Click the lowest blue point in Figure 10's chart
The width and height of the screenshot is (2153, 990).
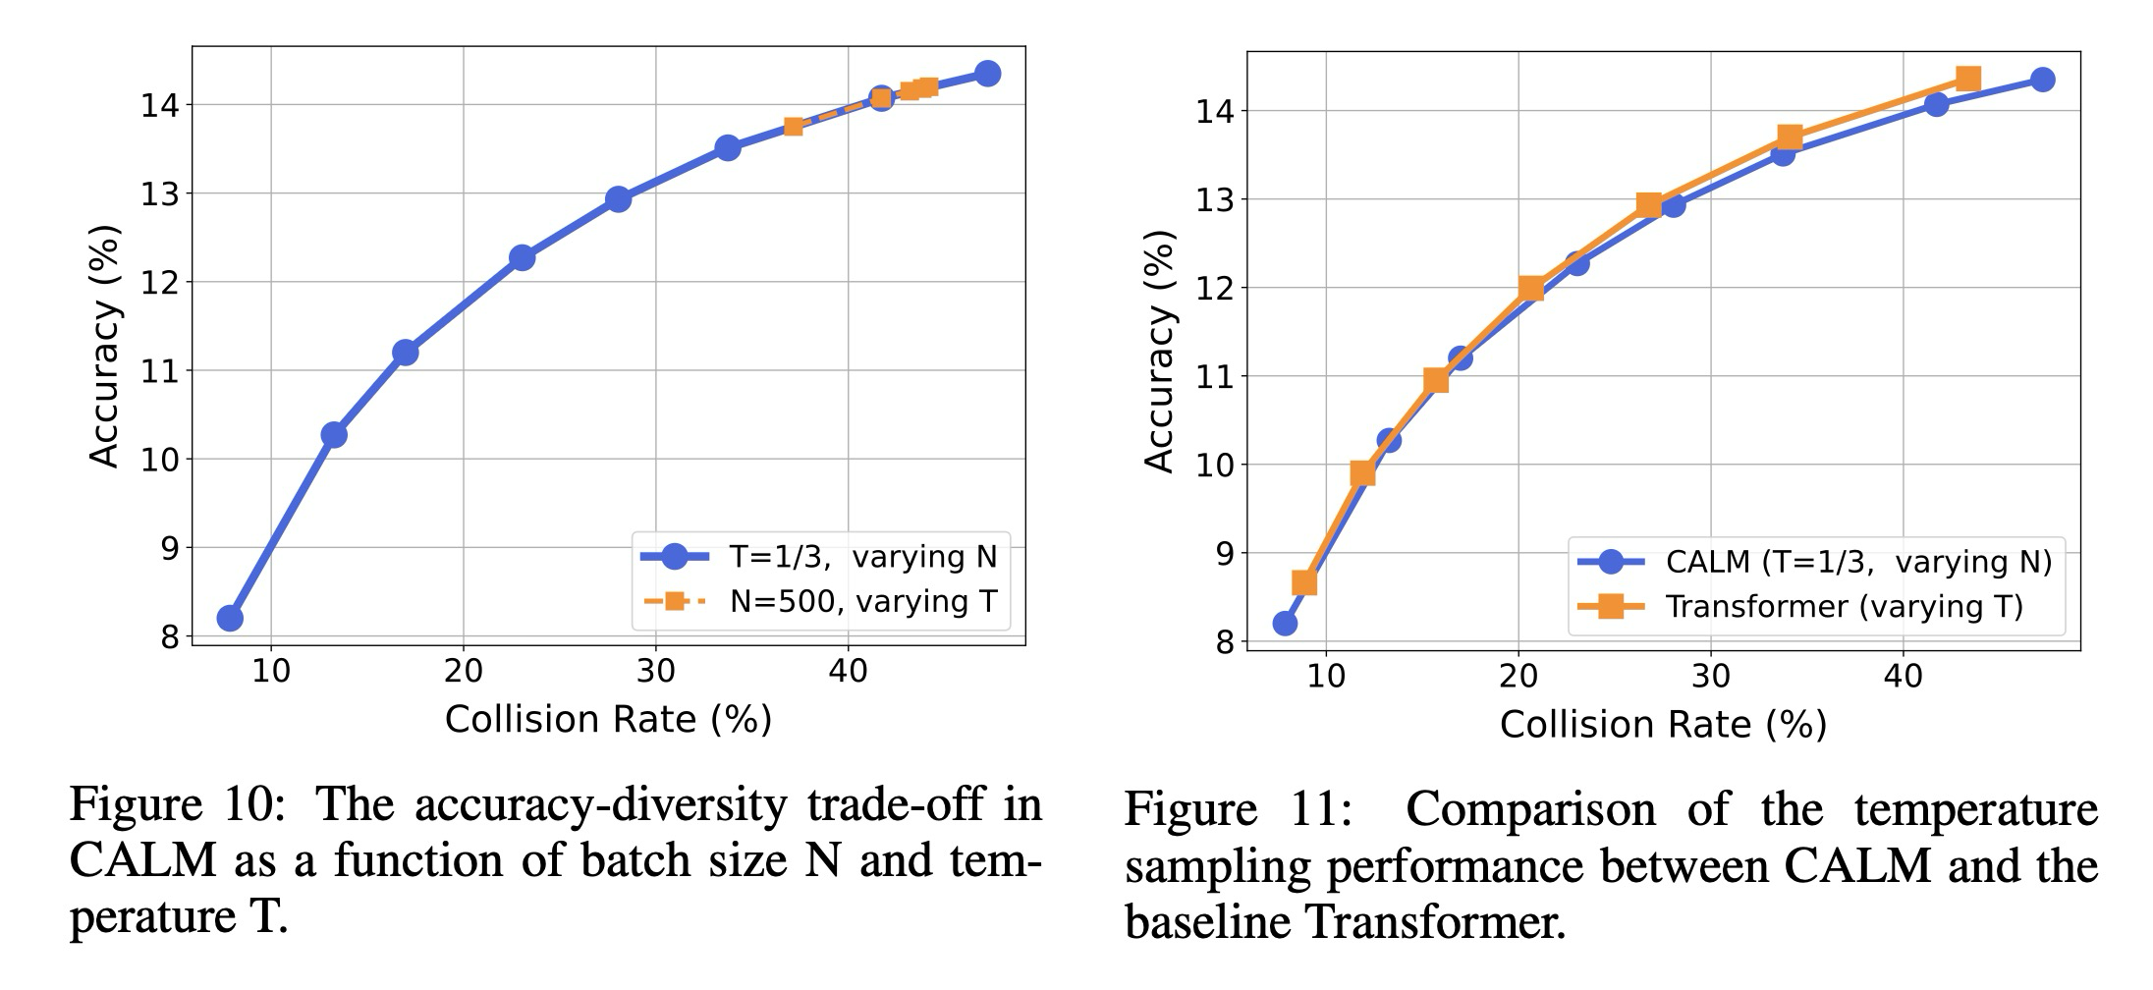(230, 618)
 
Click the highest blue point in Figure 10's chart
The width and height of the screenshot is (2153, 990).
(988, 74)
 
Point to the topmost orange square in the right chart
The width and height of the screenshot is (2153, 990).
(1967, 79)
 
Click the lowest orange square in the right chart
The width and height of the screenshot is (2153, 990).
(1304, 582)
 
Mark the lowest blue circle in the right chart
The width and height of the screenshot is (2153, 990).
(1285, 623)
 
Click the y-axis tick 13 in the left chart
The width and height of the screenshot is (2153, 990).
(159, 194)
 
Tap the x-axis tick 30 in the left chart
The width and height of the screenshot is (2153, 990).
(655, 672)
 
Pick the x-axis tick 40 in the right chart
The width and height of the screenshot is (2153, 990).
(1903, 677)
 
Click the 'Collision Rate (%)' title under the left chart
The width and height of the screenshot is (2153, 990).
(608, 720)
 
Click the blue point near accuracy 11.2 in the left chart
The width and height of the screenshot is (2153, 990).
(405, 352)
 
